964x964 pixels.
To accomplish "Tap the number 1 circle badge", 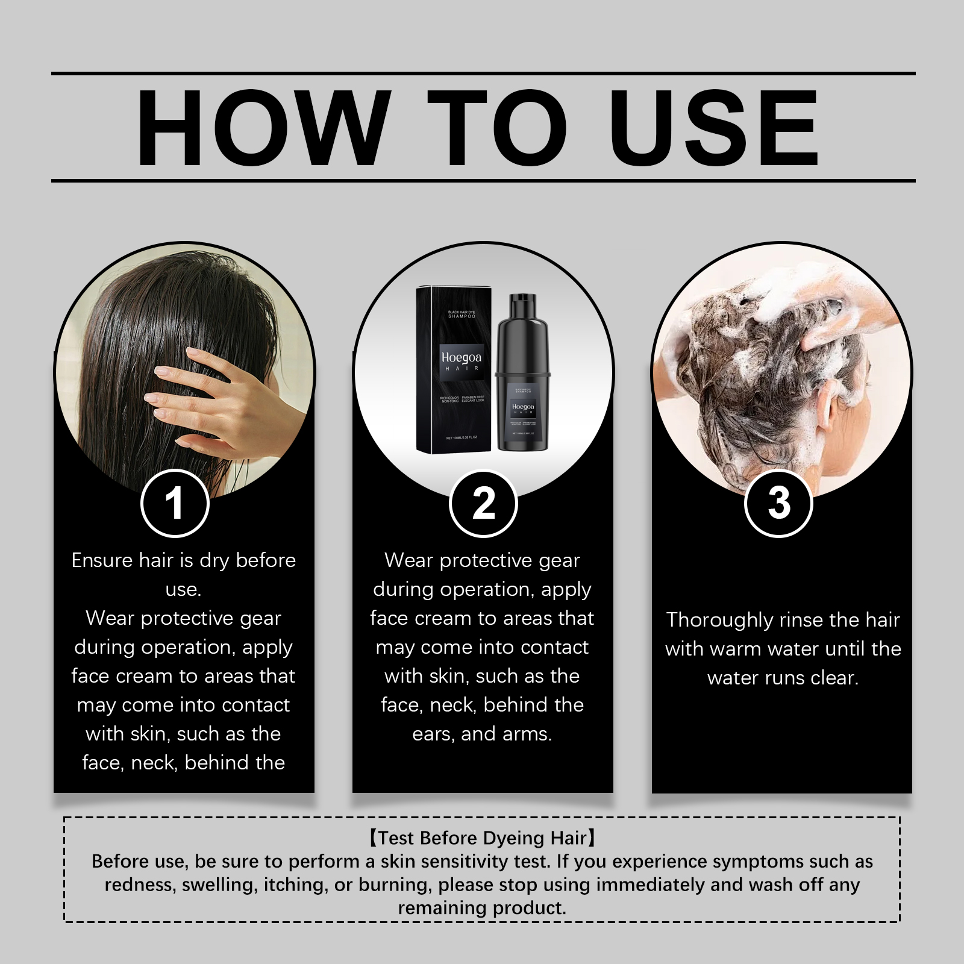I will click(x=175, y=503).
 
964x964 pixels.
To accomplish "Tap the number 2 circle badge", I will click(x=483, y=503).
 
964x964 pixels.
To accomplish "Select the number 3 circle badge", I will click(x=778, y=503).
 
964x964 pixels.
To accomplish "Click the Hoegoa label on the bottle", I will click(x=523, y=408).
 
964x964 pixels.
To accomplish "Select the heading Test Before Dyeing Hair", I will click(x=482, y=838).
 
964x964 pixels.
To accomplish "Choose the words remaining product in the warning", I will click(x=482, y=908).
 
